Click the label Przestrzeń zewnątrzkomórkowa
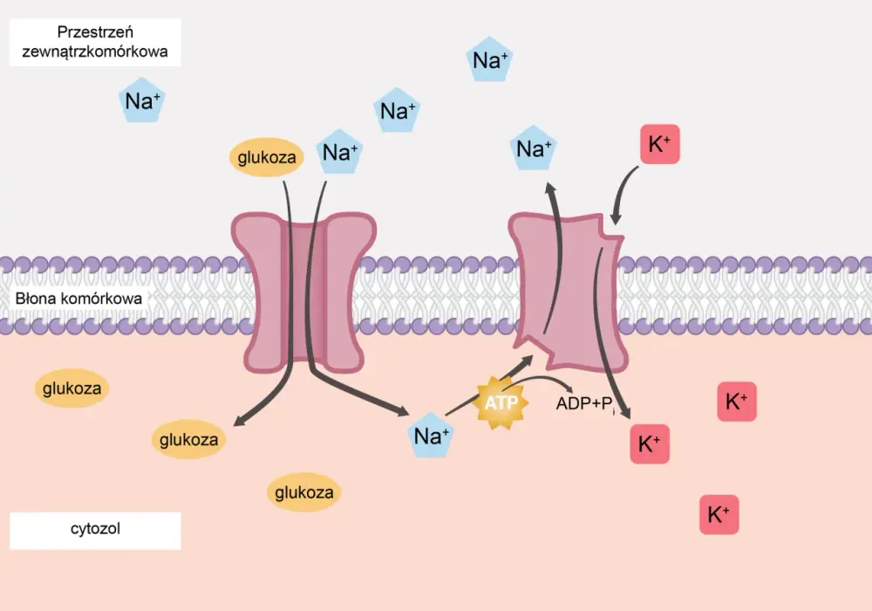tap(95, 42)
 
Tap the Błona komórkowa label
tap(78, 299)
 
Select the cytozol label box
tap(95, 531)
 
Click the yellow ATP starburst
tap(501, 402)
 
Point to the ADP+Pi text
tap(586, 403)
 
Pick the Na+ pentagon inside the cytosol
tap(431, 436)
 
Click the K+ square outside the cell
tap(660, 144)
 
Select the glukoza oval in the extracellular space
tap(267, 157)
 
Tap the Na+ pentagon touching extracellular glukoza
tap(339, 151)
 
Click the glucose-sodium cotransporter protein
tap(303, 292)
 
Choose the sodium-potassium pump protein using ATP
tap(569, 292)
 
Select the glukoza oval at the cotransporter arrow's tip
tap(188, 440)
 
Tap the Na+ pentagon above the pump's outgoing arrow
tap(533, 148)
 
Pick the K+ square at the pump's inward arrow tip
tap(650, 444)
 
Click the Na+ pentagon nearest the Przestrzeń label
tap(142, 100)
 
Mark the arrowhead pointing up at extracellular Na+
tap(550, 189)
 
